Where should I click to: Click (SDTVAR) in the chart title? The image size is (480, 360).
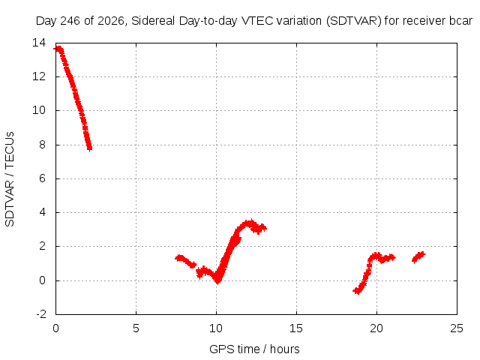(x=353, y=21)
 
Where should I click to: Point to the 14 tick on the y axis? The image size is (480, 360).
(x=39, y=43)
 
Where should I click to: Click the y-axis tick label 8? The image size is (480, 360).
(x=42, y=145)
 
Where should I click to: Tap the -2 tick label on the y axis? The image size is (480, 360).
(x=41, y=314)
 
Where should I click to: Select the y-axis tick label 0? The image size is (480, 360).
(x=42, y=280)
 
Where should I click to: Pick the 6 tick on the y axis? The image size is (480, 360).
(x=42, y=178)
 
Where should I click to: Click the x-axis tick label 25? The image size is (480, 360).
(x=457, y=328)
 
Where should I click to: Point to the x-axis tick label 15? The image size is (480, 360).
(x=296, y=328)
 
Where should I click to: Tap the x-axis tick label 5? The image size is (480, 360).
(x=136, y=328)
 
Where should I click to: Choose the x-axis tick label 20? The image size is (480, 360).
(x=376, y=328)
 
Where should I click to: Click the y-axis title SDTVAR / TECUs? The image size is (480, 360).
(x=10, y=179)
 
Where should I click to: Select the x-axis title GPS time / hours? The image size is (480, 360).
(x=254, y=349)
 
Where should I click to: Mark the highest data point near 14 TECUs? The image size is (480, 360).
(x=58, y=48)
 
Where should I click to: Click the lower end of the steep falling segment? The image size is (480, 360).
(x=89, y=148)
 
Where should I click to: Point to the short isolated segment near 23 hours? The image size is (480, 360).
(x=418, y=257)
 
